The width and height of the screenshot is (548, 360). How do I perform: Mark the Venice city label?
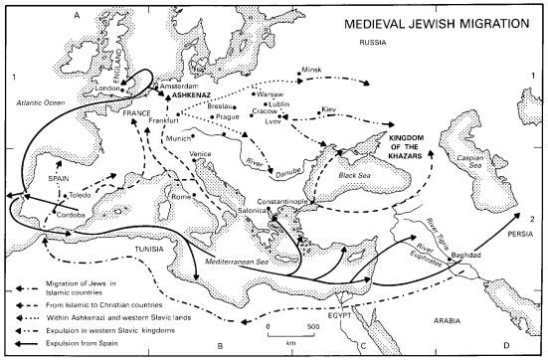(x=201, y=153)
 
